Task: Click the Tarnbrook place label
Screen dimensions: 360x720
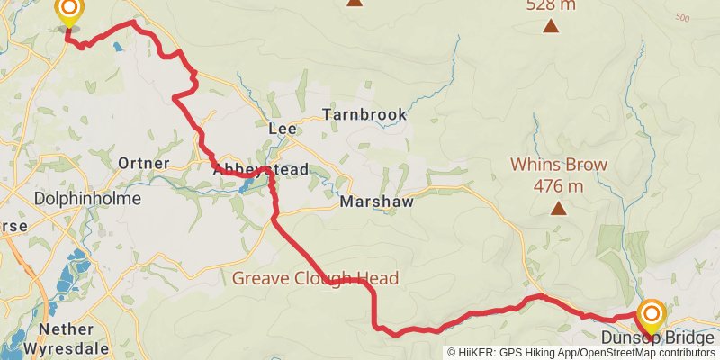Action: click(x=365, y=115)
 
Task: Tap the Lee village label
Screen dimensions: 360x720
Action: click(x=283, y=130)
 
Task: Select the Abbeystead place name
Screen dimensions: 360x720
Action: click(x=260, y=168)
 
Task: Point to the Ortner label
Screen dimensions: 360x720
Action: click(x=144, y=164)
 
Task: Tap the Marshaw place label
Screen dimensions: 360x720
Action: click(x=376, y=202)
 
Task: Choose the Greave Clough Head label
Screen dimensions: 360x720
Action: click(x=315, y=278)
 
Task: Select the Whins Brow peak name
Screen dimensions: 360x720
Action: click(x=559, y=165)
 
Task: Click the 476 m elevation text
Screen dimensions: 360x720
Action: click(x=559, y=186)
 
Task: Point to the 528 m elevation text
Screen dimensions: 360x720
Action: click(x=550, y=5)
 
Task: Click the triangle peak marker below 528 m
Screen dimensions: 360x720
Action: click(x=550, y=26)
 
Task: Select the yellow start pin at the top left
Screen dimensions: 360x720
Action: click(x=68, y=11)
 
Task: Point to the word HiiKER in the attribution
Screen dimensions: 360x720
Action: click(x=477, y=353)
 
